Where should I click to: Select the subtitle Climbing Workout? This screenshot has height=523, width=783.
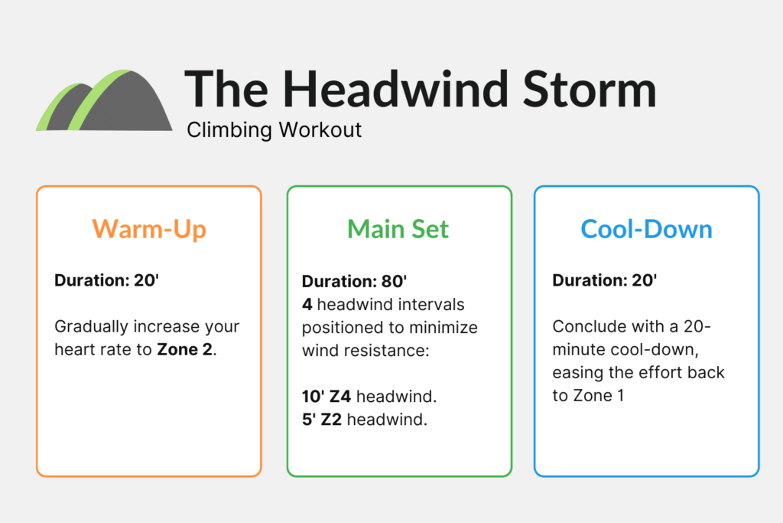tap(275, 130)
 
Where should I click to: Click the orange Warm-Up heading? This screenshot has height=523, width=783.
tap(149, 229)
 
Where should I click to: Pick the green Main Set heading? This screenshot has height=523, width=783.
tap(398, 229)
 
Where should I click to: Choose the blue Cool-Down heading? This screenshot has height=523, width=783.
tap(646, 229)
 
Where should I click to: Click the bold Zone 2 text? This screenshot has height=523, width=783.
tap(186, 350)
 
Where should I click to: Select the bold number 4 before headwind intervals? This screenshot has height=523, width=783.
tap(307, 304)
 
